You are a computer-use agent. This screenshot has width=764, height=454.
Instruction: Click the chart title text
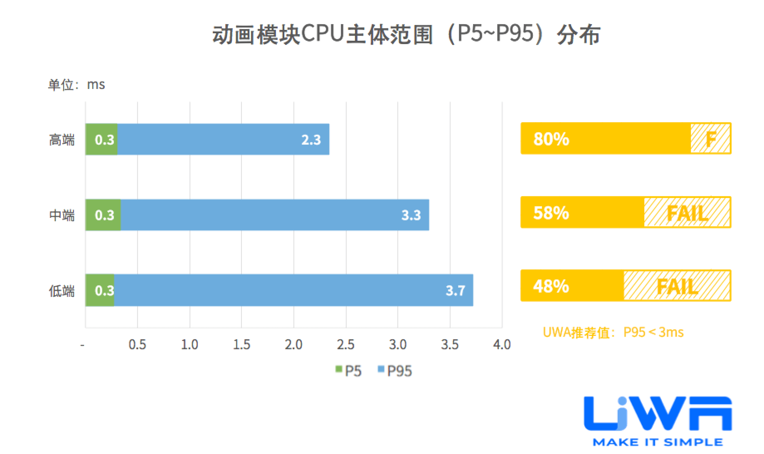(x=406, y=34)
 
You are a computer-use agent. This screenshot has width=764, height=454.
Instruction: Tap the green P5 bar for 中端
(x=103, y=215)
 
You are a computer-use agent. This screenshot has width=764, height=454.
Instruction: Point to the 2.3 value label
(x=311, y=140)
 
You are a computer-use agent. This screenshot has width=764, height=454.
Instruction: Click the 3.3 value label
(x=411, y=215)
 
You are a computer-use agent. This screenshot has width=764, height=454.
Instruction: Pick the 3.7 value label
(x=455, y=290)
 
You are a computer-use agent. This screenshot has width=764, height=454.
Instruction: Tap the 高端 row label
(x=62, y=140)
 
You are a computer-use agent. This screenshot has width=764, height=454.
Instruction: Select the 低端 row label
(x=62, y=291)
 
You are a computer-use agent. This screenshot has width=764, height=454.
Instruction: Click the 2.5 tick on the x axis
(x=345, y=345)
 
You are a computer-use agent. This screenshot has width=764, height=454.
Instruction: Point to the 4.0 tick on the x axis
(x=502, y=345)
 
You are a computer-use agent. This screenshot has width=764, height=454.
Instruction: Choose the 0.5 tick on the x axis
(x=137, y=345)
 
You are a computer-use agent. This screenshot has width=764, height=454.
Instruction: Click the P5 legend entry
(x=349, y=370)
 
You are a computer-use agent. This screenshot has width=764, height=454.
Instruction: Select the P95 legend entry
(x=395, y=370)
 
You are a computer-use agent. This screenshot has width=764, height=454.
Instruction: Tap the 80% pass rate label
(x=551, y=139)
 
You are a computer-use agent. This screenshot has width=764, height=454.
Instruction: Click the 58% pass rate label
(x=551, y=213)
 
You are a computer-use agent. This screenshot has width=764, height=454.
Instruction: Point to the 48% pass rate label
(x=551, y=286)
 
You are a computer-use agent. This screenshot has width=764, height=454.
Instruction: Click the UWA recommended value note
(x=613, y=332)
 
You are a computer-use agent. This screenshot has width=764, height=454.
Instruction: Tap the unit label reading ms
(x=76, y=85)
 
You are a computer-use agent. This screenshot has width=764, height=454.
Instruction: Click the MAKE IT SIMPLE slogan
(x=658, y=442)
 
